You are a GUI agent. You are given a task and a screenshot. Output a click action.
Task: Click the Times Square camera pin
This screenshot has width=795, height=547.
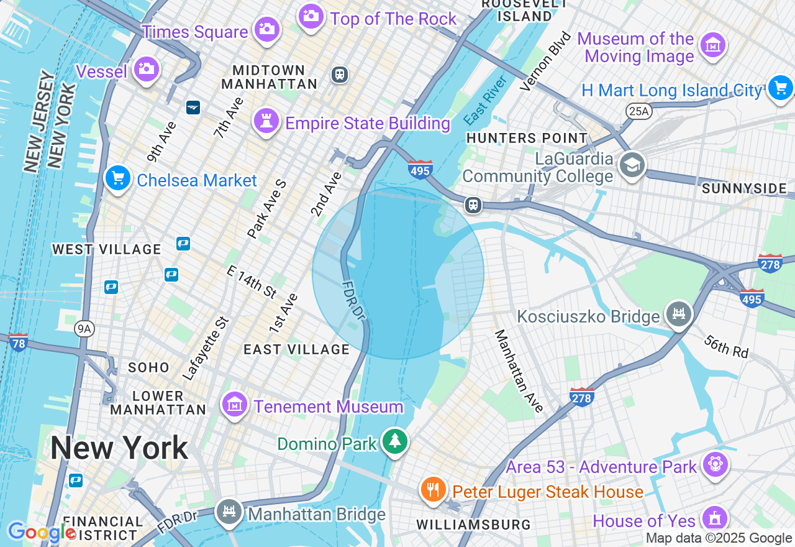(267, 29)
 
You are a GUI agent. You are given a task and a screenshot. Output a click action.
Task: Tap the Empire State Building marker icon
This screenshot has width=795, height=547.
(266, 121)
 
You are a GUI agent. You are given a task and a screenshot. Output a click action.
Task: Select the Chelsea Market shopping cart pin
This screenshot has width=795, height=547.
(118, 178)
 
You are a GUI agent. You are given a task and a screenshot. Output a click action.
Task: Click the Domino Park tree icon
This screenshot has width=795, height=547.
(394, 441)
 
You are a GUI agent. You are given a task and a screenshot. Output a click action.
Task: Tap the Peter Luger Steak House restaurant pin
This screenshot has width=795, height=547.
(434, 489)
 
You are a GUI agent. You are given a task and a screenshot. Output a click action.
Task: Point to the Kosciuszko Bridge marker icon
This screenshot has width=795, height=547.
(679, 314)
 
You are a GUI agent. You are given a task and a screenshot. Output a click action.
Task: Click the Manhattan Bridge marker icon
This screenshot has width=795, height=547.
(230, 512)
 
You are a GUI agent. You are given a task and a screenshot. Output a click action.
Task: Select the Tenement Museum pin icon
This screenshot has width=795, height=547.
(235, 405)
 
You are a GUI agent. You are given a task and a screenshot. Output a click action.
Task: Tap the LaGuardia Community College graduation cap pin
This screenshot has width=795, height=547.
(632, 165)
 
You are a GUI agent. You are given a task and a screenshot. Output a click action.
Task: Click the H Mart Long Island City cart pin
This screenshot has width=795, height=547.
(780, 88)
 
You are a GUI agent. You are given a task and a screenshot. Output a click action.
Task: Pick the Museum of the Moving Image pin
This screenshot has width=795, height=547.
(713, 45)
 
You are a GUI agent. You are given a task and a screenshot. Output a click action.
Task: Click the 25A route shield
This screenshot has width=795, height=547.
(638, 111)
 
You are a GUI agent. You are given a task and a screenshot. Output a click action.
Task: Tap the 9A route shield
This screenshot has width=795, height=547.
(84, 329)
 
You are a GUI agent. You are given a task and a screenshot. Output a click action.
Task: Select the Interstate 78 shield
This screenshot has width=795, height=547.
(19, 342)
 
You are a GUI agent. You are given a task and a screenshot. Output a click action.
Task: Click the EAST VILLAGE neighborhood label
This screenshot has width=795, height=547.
(297, 349)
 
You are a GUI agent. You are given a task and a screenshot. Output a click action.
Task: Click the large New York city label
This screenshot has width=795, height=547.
(119, 448)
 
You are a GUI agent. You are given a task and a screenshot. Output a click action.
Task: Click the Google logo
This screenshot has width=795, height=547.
(42, 533)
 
